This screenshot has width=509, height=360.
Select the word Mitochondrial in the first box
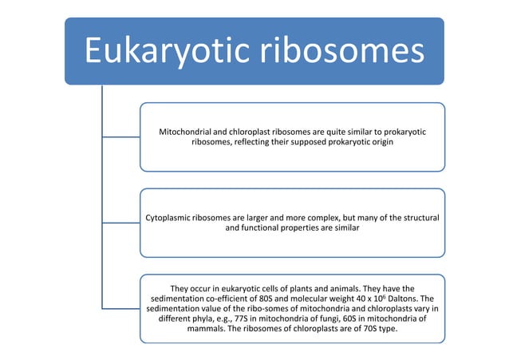(191, 130)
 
